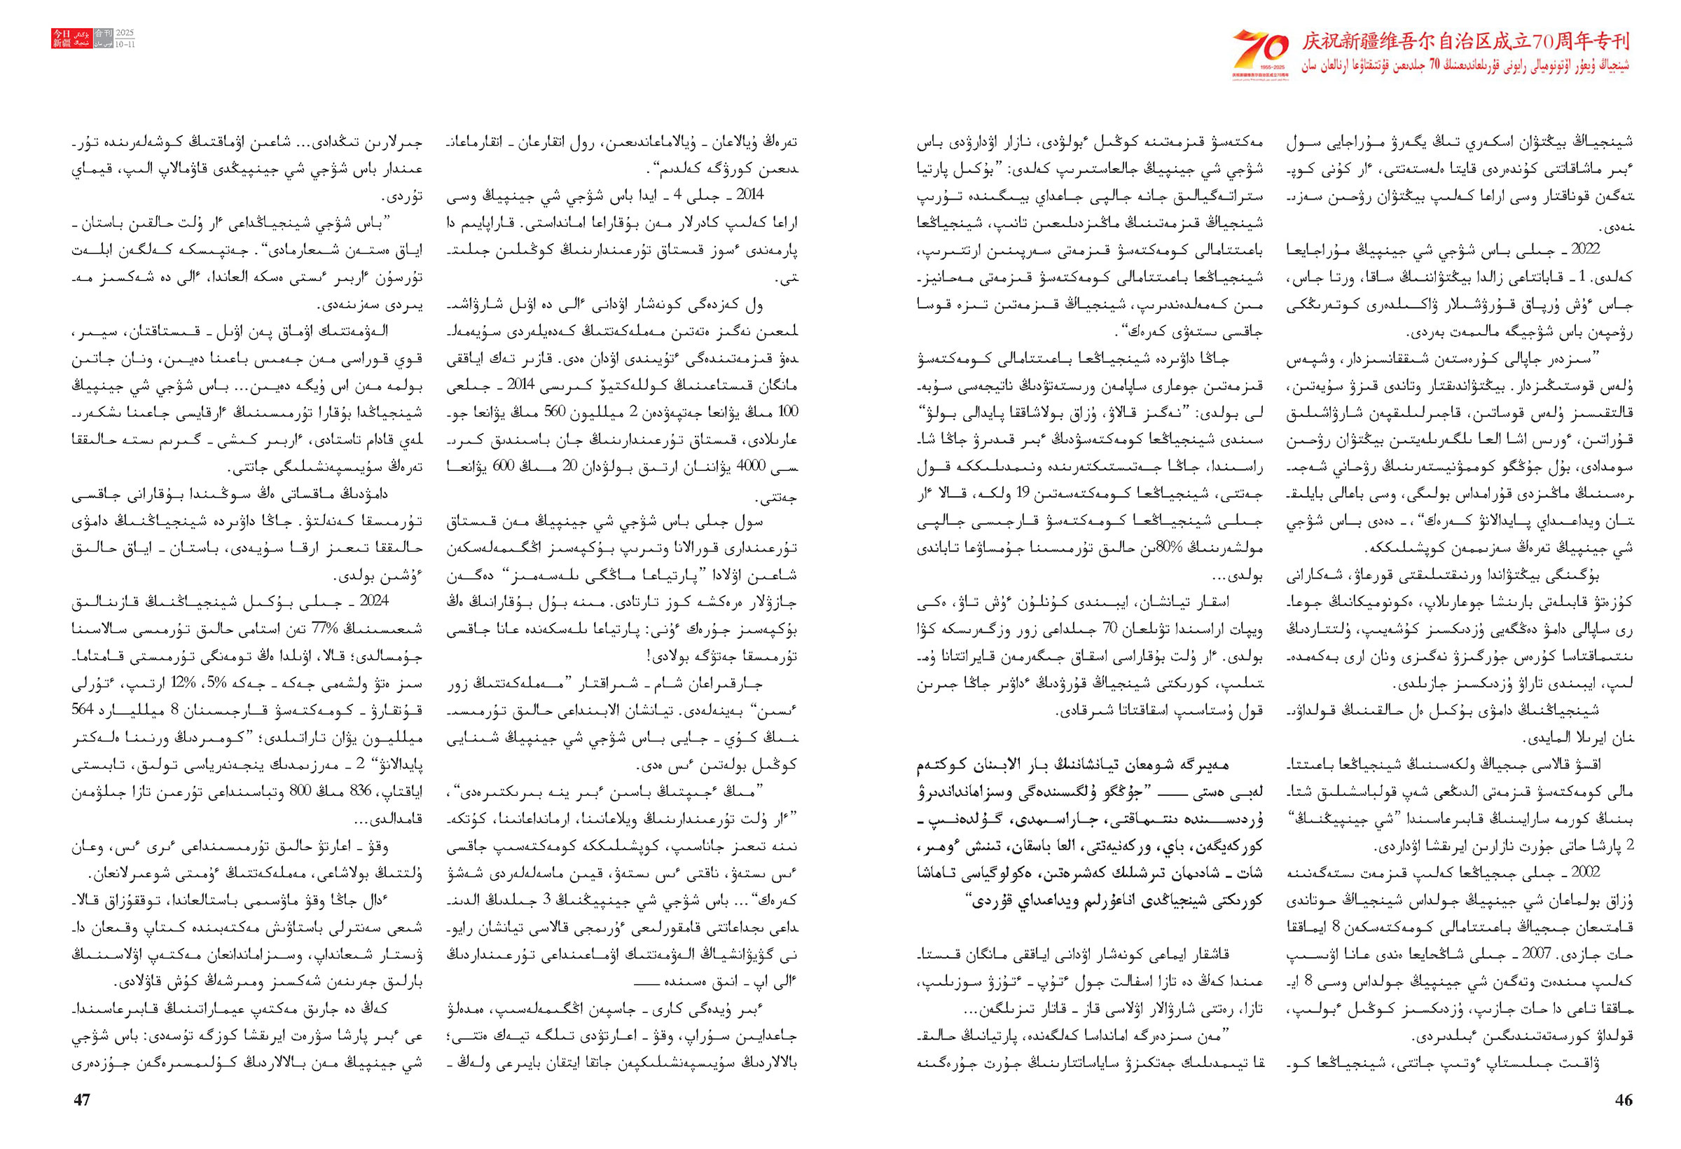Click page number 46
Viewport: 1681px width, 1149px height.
1623,1100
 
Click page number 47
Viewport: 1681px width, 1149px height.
82,1100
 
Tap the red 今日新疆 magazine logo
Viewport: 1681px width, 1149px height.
62,39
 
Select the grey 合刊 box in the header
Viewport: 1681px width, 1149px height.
104,34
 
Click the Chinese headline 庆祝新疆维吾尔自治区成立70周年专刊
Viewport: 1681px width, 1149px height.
1465,41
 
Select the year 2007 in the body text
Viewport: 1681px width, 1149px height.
1537,954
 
